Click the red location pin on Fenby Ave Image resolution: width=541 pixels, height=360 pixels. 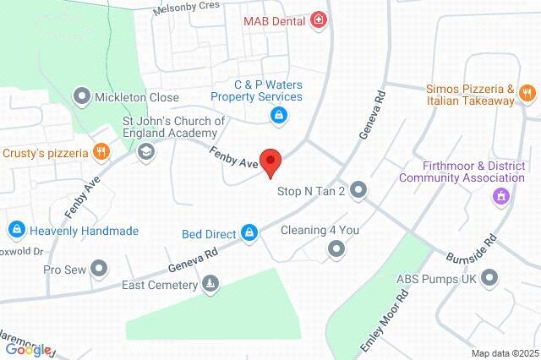[270, 161]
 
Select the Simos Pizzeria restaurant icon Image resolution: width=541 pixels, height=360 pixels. [526, 93]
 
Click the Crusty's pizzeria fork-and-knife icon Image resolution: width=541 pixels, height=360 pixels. [101, 152]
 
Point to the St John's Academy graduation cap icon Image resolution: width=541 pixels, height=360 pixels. [145, 152]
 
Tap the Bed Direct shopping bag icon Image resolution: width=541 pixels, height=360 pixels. [249, 232]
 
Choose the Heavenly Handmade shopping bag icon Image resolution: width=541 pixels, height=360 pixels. [16, 229]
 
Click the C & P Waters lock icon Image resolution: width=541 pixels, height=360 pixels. [276, 116]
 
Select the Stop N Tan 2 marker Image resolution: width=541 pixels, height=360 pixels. [359, 190]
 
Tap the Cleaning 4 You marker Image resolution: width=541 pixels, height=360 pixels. [336, 248]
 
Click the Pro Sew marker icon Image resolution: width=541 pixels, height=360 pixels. [100, 270]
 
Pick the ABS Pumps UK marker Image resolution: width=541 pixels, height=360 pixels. [489, 278]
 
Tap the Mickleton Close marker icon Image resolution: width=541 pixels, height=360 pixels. [82, 96]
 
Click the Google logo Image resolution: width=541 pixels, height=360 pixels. [27, 349]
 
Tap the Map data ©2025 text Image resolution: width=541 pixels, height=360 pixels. [504, 352]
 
